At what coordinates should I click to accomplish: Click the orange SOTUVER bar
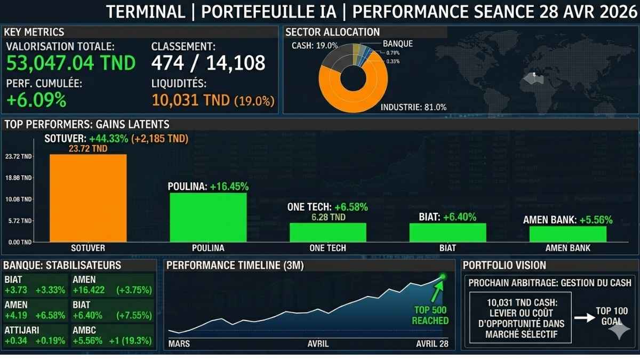click(88, 198)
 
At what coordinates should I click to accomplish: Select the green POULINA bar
click(208, 217)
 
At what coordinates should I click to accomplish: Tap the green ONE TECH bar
click(327, 232)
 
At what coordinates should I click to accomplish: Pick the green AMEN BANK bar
click(567, 234)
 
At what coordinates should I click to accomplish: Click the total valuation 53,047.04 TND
click(71, 63)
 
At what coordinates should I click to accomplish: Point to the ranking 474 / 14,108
click(208, 63)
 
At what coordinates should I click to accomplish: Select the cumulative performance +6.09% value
click(36, 100)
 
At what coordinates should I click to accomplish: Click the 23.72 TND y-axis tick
click(19, 157)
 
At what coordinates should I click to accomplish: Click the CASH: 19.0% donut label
click(315, 46)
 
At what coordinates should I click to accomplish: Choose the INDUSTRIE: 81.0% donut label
click(413, 108)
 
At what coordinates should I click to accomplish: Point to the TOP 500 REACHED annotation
click(430, 315)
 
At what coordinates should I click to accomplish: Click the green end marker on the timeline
click(442, 276)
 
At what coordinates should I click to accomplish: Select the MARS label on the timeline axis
click(179, 343)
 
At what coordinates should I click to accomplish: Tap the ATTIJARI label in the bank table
click(22, 330)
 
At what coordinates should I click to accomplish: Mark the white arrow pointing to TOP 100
click(585, 318)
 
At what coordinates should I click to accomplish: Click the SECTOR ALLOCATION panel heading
click(333, 32)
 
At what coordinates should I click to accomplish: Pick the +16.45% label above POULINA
click(229, 187)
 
